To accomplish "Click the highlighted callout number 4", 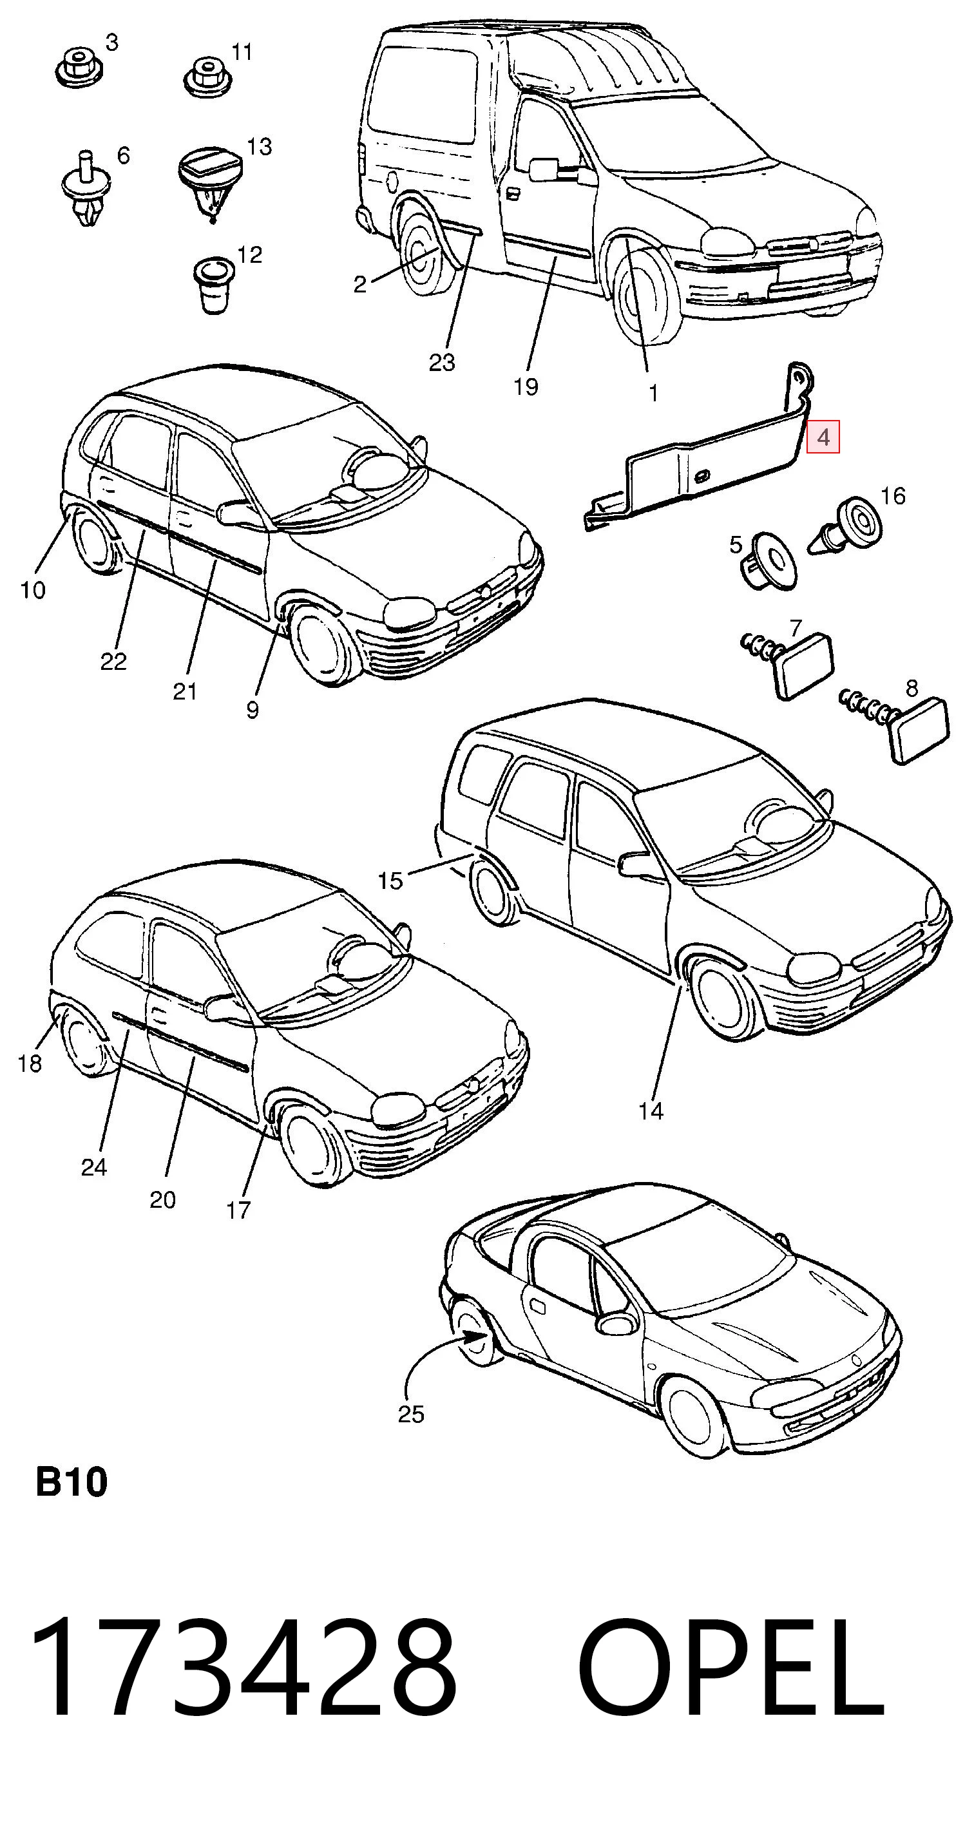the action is point(823,437).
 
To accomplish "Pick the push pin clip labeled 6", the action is point(86,188).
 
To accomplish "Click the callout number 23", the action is point(442,363).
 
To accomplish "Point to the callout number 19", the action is point(526,386).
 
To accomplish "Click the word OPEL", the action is point(731,1673).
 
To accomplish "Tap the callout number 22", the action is point(113,662).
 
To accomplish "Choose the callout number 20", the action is point(162,1199).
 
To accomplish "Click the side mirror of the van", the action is point(544,169).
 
